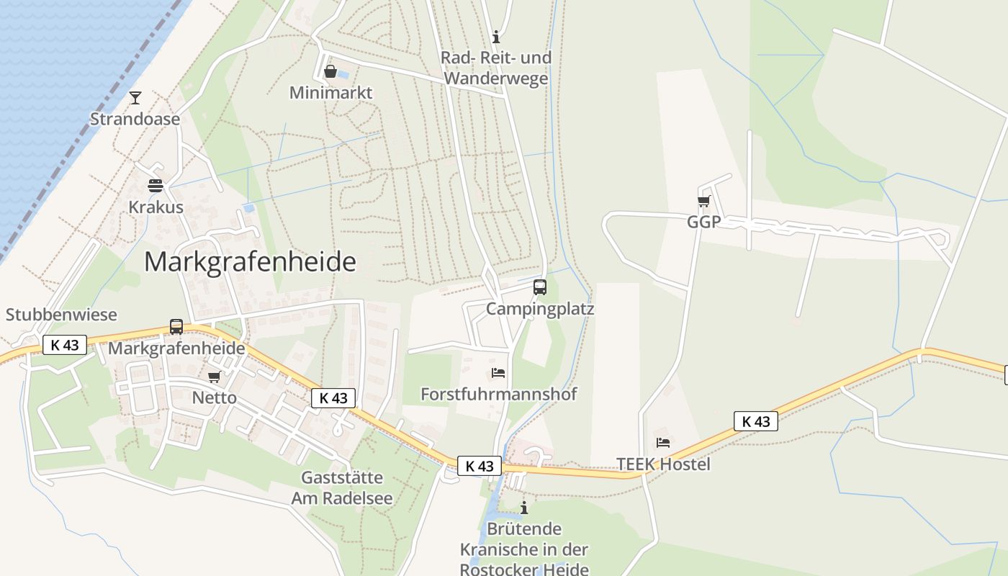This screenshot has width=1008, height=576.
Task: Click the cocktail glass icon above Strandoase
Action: [135, 98]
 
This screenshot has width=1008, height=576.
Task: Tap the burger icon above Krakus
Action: [155, 186]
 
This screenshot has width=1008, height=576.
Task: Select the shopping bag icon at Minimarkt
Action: [330, 71]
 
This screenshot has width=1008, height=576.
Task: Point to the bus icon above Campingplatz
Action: [540, 287]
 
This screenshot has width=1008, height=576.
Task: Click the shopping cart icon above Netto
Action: [214, 377]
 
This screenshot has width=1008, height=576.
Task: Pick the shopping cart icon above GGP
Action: [703, 202]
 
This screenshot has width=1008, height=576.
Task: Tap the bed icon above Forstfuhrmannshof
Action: [498, 373]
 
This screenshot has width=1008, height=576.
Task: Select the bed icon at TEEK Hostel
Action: [663, 443]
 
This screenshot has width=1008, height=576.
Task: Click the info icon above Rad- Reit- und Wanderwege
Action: [495, 37]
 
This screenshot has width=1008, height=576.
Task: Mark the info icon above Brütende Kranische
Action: [524, 508]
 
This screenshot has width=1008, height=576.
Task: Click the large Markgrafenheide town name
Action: [250, 261]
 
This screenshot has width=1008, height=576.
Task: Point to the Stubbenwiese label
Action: [61, 315]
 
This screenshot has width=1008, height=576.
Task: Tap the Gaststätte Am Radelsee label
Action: [342, 488]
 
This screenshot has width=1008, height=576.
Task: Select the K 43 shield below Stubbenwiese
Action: [65, 345]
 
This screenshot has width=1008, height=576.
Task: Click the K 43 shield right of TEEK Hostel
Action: [756, 421]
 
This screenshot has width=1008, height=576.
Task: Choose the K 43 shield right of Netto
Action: [333, 397]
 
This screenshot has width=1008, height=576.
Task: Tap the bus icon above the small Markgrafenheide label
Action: [176, 327]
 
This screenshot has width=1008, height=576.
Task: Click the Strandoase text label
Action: [135, 120]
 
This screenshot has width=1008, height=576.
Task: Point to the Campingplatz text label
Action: [540, 309]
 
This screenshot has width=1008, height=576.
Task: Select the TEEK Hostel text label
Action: [663, 464]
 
